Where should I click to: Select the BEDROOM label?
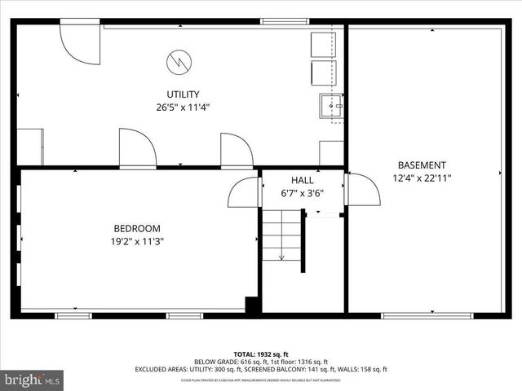(136, 229)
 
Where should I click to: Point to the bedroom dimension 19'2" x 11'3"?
(136, 241)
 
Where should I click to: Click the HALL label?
(302, 180)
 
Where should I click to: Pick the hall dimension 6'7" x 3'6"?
(302, 193)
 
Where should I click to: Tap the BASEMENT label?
(422, 165)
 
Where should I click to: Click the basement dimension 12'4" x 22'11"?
(422, 178)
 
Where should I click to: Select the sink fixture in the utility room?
(330, 104)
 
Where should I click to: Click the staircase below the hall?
(282, 236)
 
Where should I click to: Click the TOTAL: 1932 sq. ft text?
(260, 354)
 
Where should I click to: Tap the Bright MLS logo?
(33, 380)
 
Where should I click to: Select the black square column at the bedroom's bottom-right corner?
(253, 305)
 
